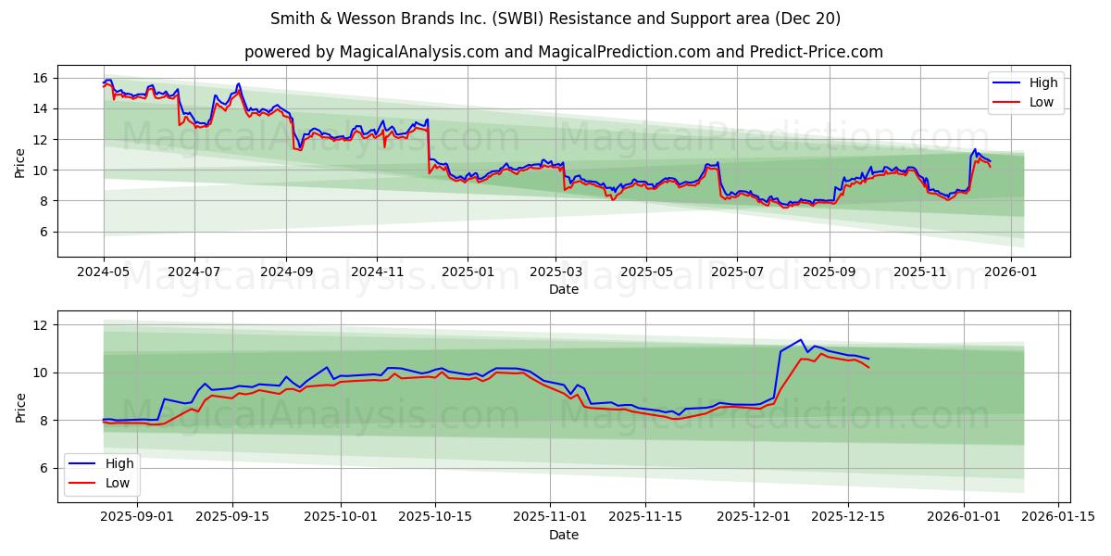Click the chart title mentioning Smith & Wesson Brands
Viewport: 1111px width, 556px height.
tap(555, 19)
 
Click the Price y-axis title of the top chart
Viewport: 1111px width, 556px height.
tap(20, 162)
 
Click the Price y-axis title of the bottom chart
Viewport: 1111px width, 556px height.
tap(20, 407)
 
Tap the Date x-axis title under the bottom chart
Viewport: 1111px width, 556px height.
tap(563, 535)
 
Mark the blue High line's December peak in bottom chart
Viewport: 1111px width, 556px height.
tap(801, 340)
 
